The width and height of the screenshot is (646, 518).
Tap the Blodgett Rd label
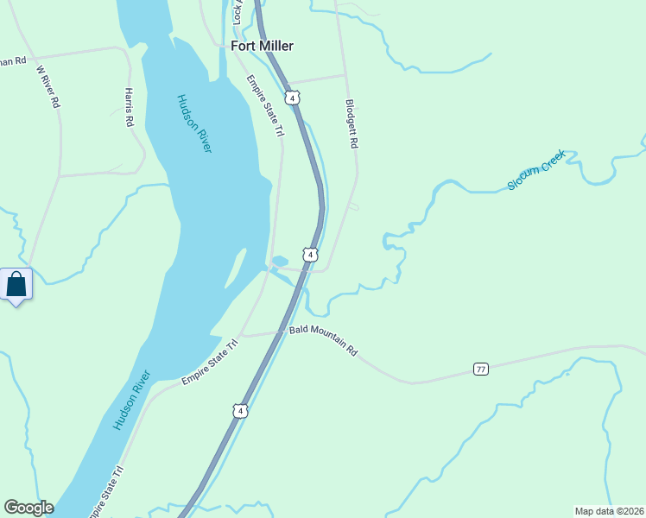351,123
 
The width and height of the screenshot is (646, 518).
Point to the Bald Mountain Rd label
323,340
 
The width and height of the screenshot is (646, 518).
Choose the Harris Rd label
129,107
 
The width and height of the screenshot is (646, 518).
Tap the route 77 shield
481,370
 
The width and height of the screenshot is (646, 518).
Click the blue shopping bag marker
16,284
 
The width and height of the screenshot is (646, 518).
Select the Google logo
28,508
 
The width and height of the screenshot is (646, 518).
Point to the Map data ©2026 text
609,510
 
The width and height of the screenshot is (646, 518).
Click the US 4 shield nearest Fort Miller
294,98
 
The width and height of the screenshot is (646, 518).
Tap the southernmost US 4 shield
240,410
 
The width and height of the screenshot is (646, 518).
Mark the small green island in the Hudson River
233,273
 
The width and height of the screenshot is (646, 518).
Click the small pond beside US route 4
279,261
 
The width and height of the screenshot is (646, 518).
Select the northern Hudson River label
194,123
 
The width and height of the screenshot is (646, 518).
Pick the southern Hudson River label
132,401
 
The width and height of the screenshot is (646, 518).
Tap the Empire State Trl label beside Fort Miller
266,106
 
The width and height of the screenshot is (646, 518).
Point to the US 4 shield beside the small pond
310,255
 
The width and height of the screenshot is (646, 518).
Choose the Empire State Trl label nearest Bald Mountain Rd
210,362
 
